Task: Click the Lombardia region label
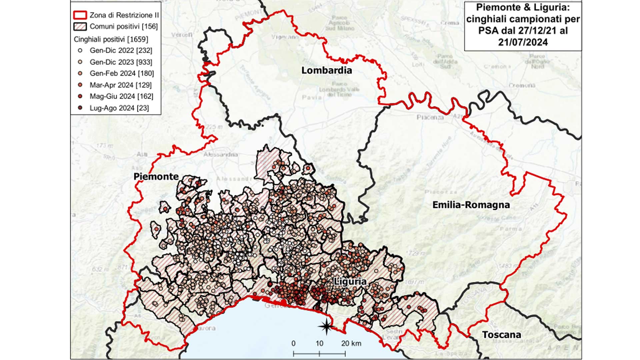(326, 70)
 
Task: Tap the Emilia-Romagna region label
(471, 205)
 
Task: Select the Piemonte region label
(156, 176)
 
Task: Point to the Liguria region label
(350, 282)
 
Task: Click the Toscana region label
(501, 335)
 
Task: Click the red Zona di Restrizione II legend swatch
(80, 15)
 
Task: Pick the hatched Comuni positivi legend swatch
(80, 27)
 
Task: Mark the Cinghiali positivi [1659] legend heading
(111, 39)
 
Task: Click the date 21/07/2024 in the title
(523, 42)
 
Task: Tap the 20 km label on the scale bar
(351, 343)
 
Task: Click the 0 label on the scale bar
(293, 343)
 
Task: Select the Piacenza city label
(430, 117)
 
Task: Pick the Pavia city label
(312, 97)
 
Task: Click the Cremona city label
(522, 85)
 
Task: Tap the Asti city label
(142, 154)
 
